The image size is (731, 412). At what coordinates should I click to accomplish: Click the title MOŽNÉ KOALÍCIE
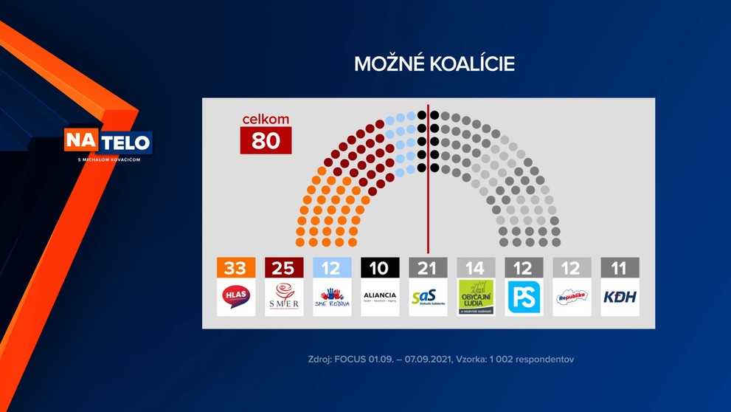434,64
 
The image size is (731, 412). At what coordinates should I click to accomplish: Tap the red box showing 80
266,140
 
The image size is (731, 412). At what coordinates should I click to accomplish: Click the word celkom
266,120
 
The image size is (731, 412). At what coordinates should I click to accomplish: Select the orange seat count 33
236,267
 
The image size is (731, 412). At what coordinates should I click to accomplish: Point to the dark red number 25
284,267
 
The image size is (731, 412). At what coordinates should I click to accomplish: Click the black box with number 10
380,267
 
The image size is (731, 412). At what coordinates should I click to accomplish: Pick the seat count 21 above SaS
428,267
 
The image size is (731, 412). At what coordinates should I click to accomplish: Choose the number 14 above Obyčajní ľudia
476,267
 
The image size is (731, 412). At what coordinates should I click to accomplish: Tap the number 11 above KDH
620,267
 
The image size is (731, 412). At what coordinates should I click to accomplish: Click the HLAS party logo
236,297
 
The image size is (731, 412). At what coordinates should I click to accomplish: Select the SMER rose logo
284,297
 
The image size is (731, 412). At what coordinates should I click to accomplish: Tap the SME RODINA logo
332,297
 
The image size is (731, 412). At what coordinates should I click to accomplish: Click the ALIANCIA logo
380,297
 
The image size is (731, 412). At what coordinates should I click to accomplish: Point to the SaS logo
428,297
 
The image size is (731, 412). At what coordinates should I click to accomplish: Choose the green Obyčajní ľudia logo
476,297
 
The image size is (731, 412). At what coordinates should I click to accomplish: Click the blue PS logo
524,297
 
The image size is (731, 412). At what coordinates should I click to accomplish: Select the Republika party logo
572,297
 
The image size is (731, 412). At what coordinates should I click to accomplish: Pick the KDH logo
620,297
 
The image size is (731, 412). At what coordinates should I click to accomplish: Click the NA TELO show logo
108,143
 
